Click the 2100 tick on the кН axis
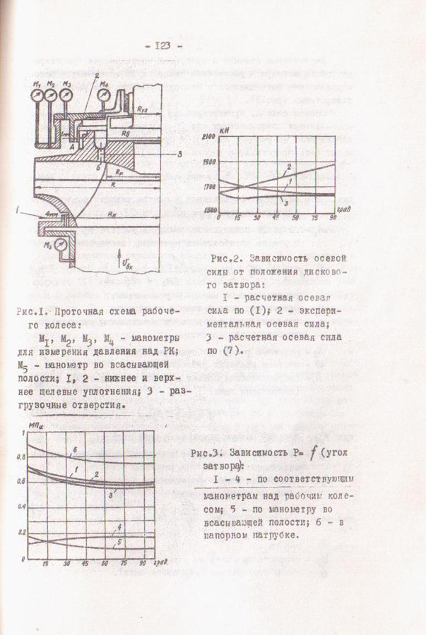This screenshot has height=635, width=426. pyautogui.click(x=208, y=137)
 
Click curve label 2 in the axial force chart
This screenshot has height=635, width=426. pyautogui.click(x=289, y=167)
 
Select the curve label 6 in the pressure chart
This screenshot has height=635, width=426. pyautogui.click(x=73, y=449)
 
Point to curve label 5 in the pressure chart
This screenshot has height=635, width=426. pyautogui.click(x=119, y=542)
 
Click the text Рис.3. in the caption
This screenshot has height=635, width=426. pyautogui.click(x=206, y=455)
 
